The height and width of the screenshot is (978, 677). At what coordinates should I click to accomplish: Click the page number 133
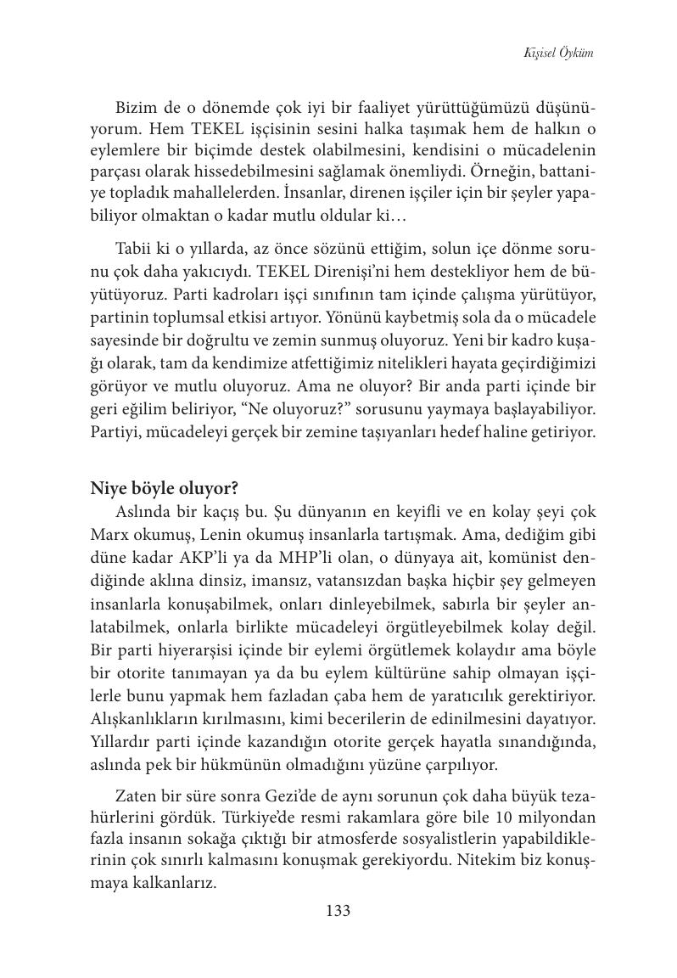(338, 911)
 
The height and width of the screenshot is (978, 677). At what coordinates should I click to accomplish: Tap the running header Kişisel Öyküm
(558, 53)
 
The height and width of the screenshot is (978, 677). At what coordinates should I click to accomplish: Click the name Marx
(110, 537)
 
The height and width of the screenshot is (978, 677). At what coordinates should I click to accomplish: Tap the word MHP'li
(333, 559)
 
